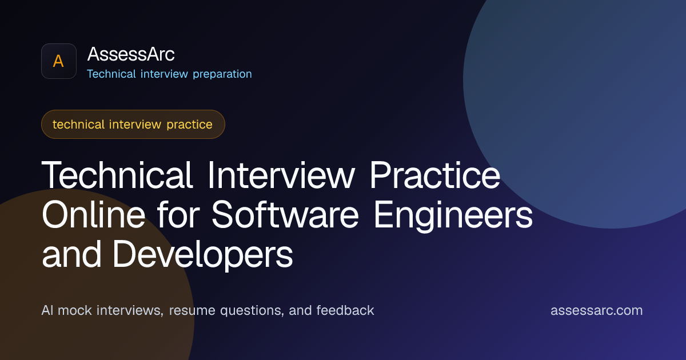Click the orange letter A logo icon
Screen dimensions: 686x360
(59, 61)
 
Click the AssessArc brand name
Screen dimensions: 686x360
(131, 54)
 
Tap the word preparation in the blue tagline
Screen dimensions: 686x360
(222, 74)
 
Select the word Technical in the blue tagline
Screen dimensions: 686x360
(111, 74)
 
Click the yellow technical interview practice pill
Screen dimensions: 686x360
(133, 125)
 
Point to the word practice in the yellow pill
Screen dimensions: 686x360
(190, 125)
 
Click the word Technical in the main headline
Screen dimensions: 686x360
(117, 175)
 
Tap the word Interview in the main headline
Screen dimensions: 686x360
(281, 175)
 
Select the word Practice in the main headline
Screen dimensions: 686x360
(435, 175)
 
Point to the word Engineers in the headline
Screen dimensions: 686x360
(453, 216)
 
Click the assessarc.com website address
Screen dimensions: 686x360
(597, 310)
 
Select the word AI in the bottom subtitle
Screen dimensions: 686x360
(47, 310)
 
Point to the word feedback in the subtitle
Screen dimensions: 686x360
(345, 310)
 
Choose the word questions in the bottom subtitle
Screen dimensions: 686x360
(252, 311)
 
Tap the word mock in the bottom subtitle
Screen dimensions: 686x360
(75, 310)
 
